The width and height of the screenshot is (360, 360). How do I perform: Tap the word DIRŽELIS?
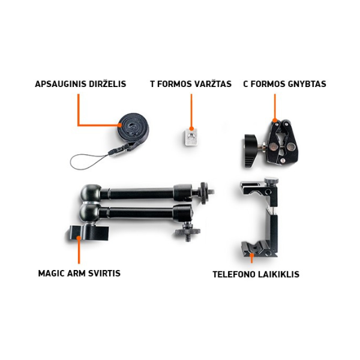pos(107,83)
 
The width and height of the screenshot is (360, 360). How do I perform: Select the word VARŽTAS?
pos(213,83)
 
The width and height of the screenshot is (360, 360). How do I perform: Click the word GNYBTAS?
pos(307,84)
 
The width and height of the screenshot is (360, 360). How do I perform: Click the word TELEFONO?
pos(232,274)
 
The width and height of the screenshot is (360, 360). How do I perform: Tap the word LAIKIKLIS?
pos(278,274)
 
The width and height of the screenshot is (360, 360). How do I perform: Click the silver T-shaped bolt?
pos(191,137)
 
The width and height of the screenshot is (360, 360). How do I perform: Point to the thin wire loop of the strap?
pos(85,161)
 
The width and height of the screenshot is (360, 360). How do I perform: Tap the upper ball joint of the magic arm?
pos(91,193)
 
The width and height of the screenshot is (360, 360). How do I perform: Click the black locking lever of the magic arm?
pos(89,233)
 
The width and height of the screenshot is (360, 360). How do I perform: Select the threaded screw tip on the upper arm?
pos(211,191)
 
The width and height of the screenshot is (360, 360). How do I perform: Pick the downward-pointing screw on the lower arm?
pos(188,238)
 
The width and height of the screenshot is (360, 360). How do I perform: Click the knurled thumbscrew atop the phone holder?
pos(271,181)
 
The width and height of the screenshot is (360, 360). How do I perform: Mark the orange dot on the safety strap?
pos(120,125)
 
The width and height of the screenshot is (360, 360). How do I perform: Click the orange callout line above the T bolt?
pos(191,111)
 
